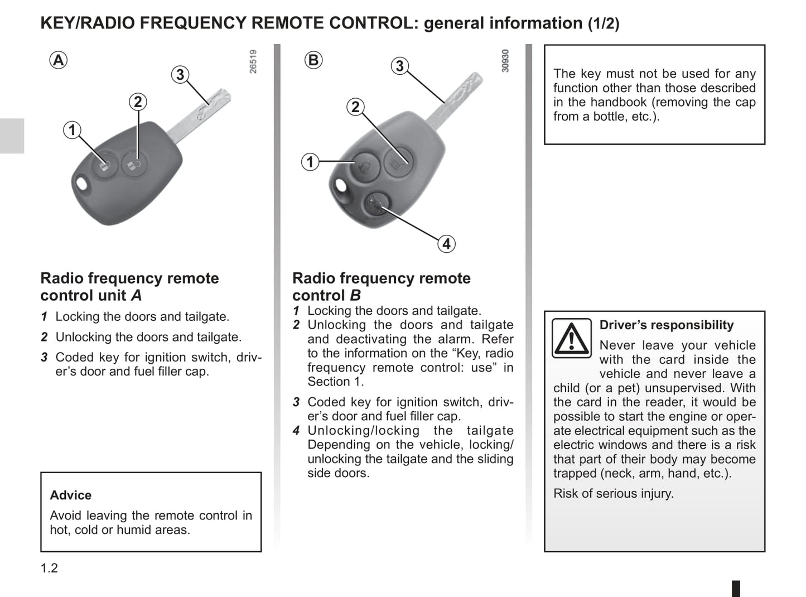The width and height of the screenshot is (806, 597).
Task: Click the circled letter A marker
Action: [59, 60]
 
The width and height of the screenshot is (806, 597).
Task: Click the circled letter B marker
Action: [314, 60]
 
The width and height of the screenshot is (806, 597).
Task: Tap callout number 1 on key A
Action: [72, 130]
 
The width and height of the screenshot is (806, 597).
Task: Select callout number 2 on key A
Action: [138, 102]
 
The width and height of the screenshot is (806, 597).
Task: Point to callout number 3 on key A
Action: [180, 74]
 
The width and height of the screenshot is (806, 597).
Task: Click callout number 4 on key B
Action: [446, 244]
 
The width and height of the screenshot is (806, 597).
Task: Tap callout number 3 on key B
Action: [399, 66]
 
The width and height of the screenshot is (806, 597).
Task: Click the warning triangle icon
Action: [571, 338]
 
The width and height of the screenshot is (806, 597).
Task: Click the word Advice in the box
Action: [71, 495]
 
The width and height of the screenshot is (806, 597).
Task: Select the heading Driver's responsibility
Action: [667, 325]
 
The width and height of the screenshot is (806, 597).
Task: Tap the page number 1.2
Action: [49, 568]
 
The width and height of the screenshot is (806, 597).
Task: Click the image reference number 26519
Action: [253, 61]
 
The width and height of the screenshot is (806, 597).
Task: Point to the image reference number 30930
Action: [505, 61]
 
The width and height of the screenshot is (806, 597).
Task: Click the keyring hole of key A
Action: [81, 185]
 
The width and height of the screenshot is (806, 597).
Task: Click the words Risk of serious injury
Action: [614, 493]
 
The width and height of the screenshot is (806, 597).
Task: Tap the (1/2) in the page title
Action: [604, 23]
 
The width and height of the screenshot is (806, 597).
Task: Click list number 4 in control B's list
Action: [297, 430]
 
